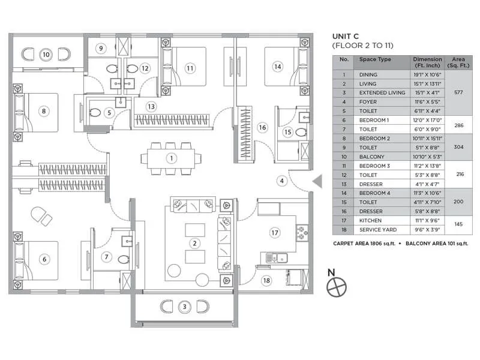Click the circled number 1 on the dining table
click(171, 158)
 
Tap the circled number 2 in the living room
click(194, 243)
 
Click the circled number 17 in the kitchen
click(275, 232)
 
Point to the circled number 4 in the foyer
click(281, 180)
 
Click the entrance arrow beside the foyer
click(318, 180)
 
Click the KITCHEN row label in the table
click(370, 220)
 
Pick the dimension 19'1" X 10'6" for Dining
click(427, 75)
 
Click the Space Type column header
click(375, 60)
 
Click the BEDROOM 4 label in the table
click(376, 193)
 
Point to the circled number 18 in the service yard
click(266, 280)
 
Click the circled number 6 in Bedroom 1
click(44, 259)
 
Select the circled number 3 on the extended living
click(185, 307)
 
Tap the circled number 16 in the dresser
click(262, 127)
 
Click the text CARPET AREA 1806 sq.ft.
click(365, 244)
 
